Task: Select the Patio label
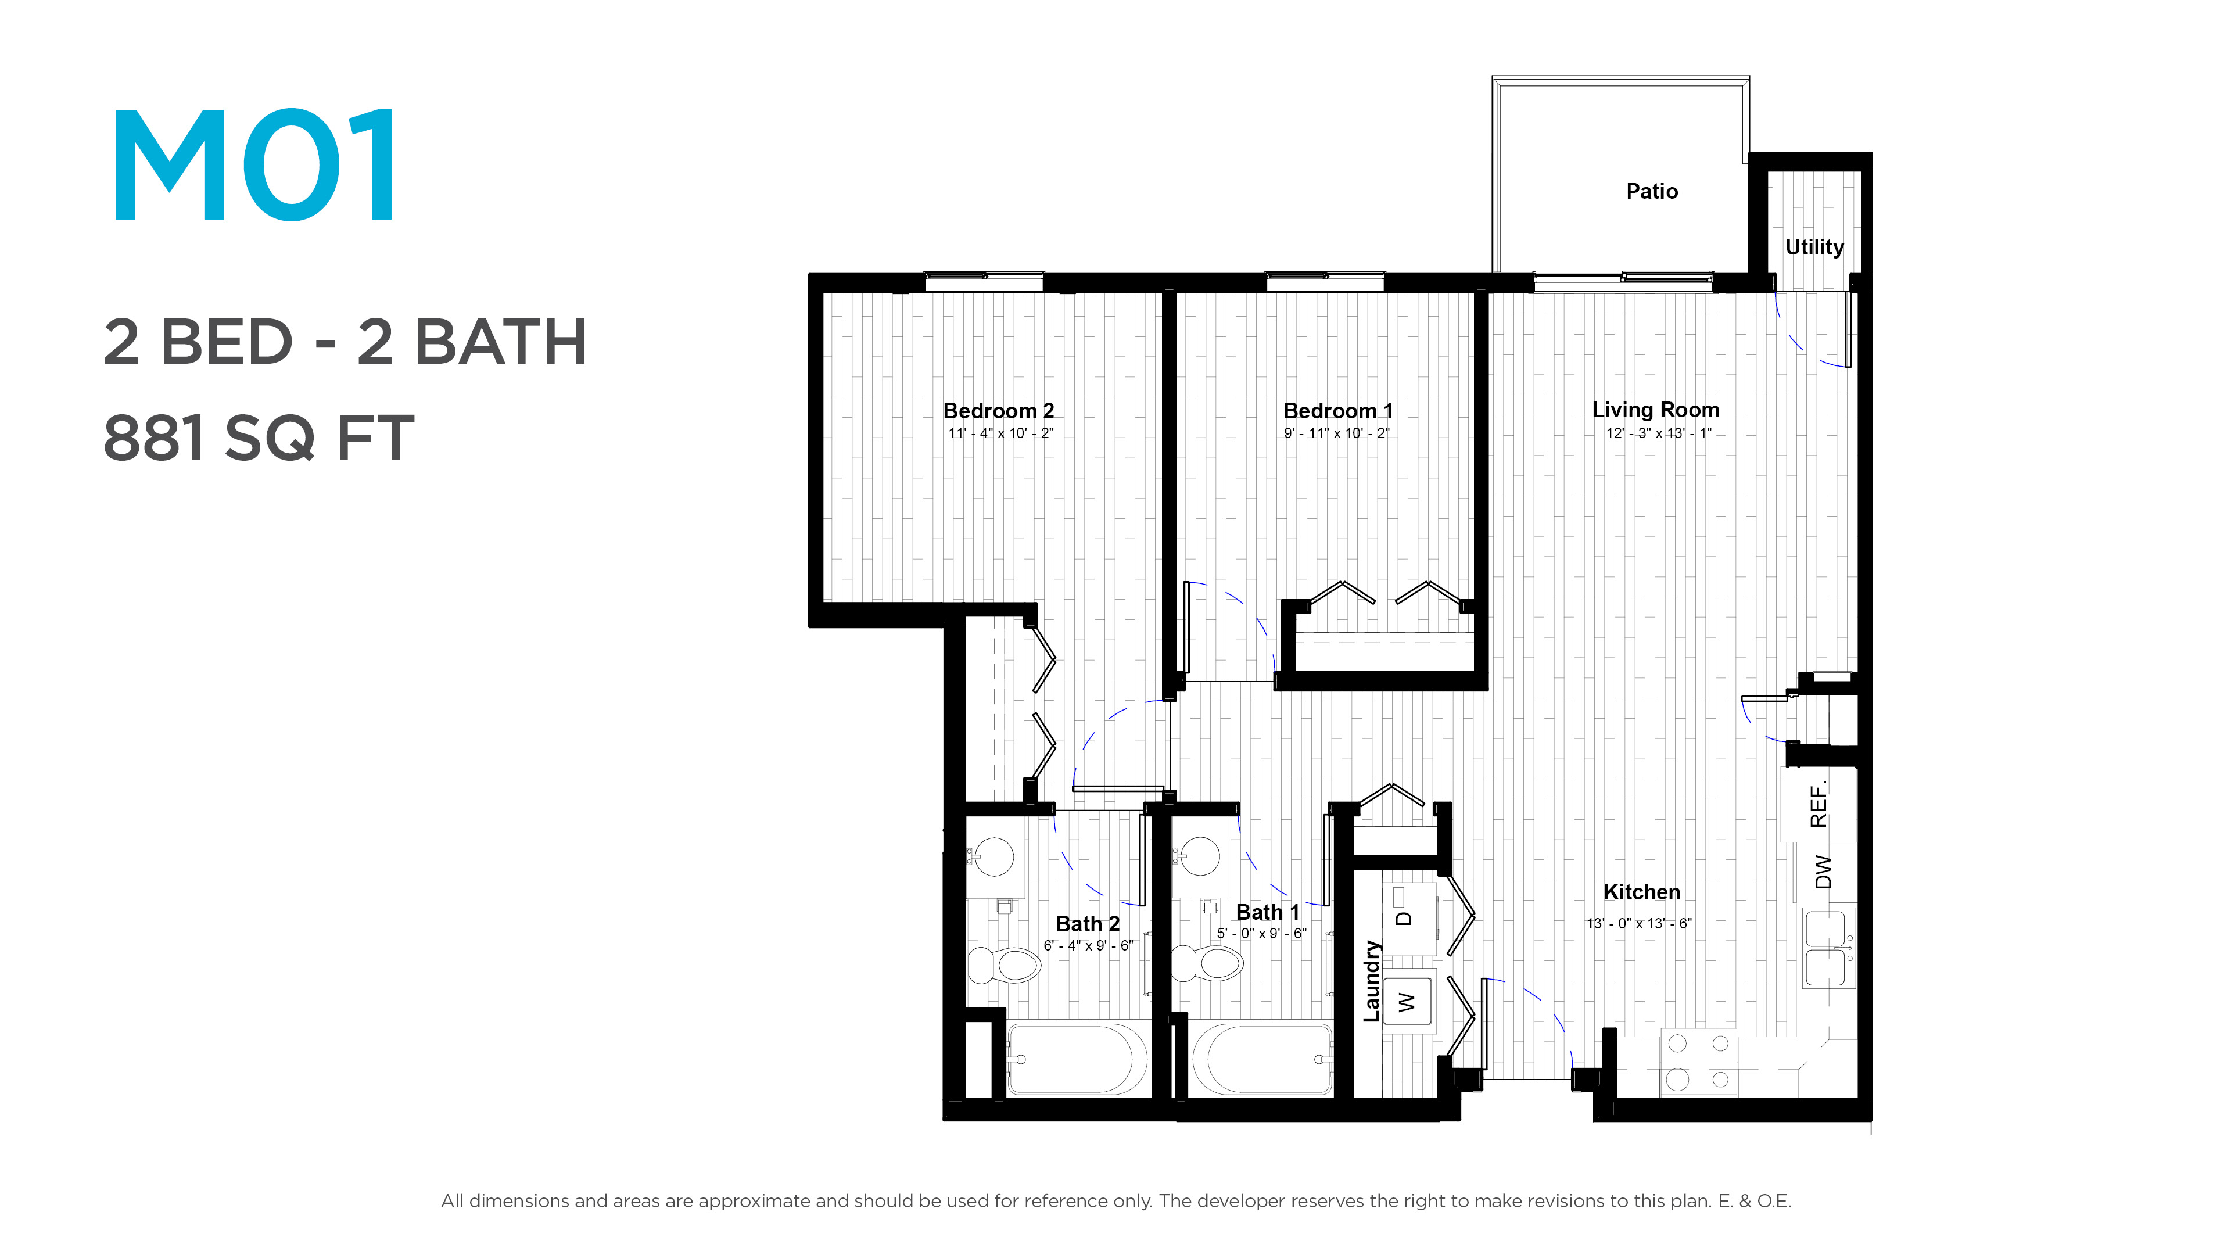[x=1652, y=191]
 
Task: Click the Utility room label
[x=1814, y=248]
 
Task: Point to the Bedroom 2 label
[x=999, y=411]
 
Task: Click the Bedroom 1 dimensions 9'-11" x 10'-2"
[x=1336, y=433]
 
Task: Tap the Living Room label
[x=1655, y=410]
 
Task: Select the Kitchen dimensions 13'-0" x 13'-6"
[x=1638, y=923]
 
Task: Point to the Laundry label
[x=1371, y=981]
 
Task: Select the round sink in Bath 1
[x=1200, y=856]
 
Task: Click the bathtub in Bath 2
[x=1077, y=1059]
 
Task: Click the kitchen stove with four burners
[x=1698, y=1062]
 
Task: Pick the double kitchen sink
[x=1829, y=948]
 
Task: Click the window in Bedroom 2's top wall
[x=985, y=281]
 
